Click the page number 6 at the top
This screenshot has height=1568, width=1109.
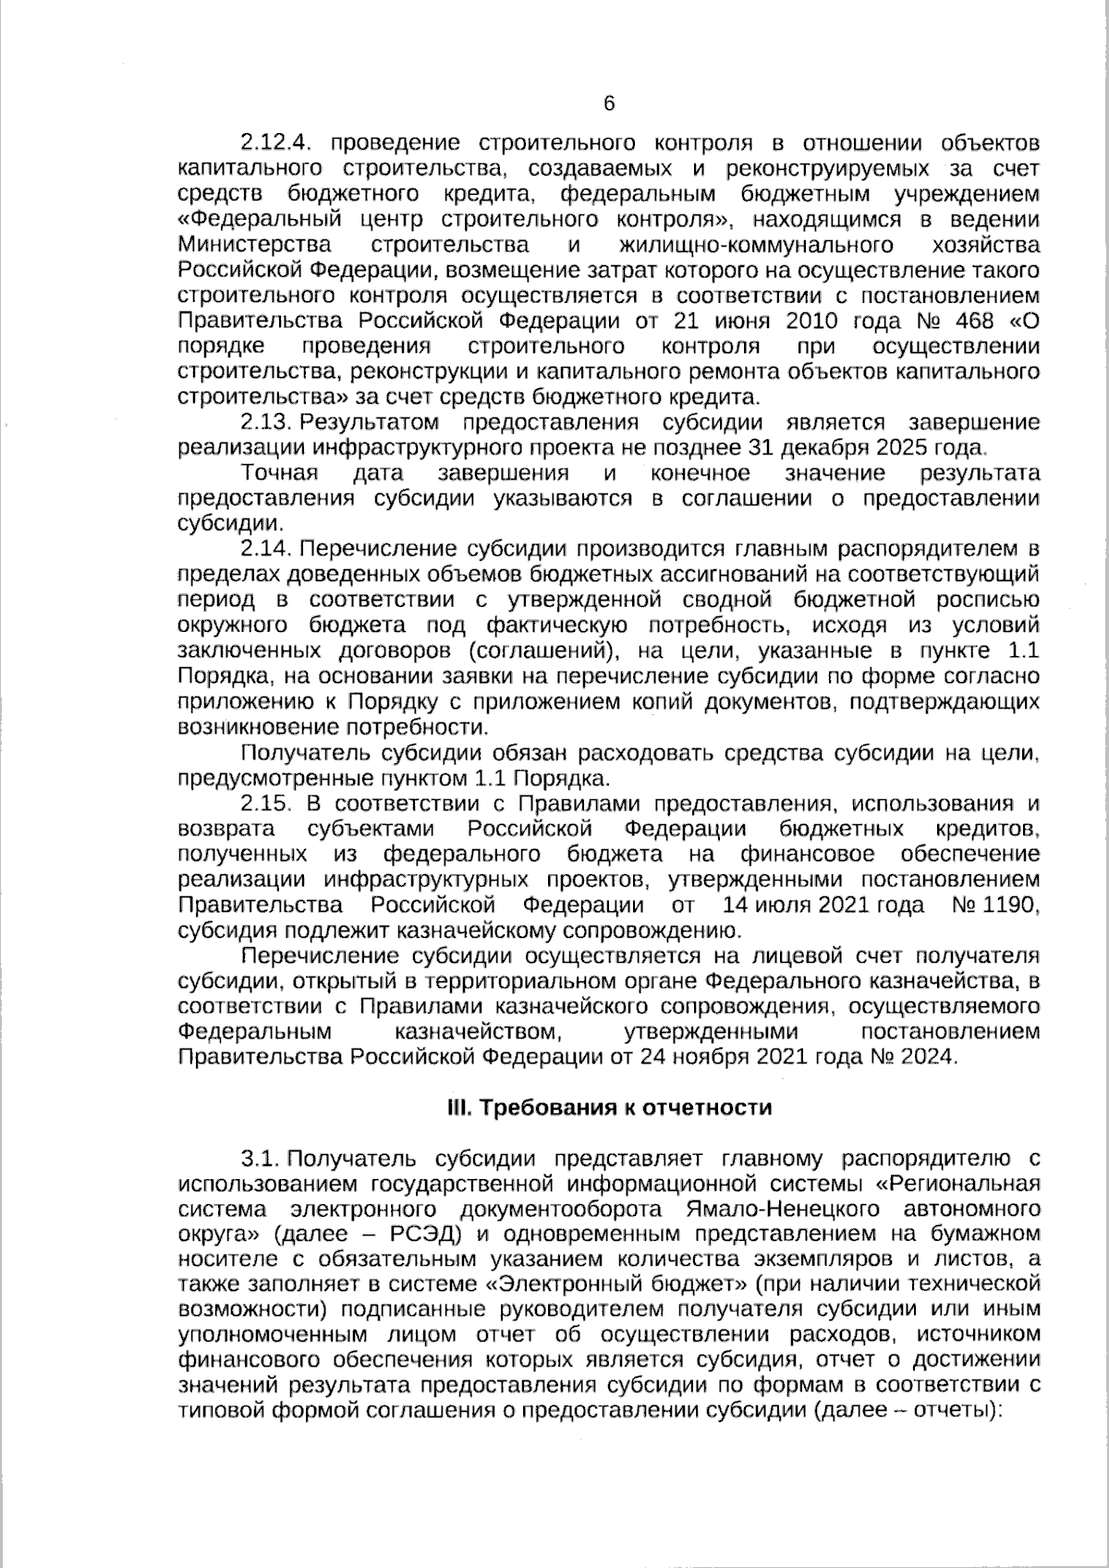coord(608,103)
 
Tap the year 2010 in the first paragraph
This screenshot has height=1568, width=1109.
coord(811,322)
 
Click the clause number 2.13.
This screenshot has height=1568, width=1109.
coord(266,423)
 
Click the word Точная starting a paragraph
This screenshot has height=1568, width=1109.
coord(279,474)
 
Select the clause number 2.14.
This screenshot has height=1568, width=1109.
coord(266,550)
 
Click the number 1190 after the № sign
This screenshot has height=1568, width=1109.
coord(1009,905)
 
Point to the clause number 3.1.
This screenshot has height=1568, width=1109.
coord(260,1159)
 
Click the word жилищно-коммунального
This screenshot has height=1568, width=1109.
coord(758,246)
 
